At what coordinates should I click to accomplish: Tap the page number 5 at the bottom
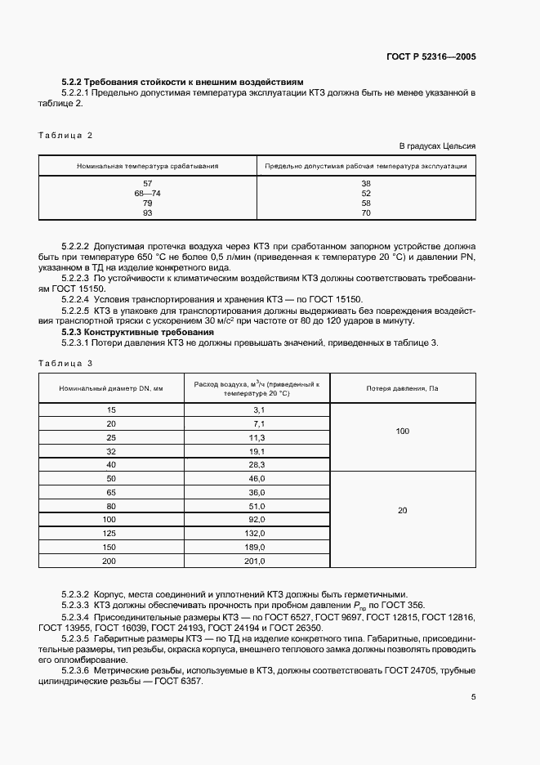[473, 697]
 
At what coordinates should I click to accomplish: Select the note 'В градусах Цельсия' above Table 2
[437, 145]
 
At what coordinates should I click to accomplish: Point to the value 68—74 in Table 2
[148, 193]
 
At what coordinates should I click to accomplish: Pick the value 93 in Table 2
[148, 212]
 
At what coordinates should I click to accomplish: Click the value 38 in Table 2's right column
[366, 183]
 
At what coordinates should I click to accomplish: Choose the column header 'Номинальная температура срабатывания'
[148, 165]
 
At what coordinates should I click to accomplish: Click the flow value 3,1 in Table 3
[259, 409]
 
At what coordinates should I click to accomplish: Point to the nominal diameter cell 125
[110, 533]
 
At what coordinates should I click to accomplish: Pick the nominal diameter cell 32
[110, 450]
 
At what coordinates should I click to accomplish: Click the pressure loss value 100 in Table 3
[402, 431]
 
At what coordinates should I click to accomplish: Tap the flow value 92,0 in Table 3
[257, 519]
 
